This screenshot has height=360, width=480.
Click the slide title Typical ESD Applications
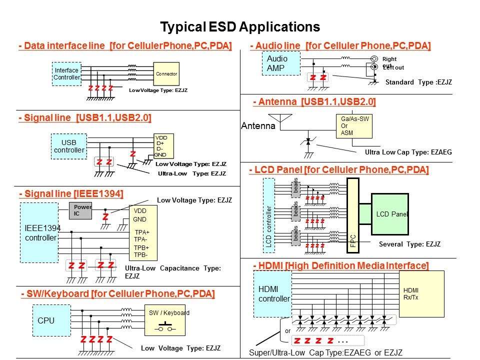[239, 26]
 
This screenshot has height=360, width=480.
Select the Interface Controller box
[66, 74]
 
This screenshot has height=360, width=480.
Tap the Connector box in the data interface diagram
[166, 74]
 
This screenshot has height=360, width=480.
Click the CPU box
[46, 320]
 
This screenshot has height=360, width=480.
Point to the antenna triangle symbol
[285, 118]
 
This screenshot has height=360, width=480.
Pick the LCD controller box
[268, 214]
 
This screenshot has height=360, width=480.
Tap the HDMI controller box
[273, 293]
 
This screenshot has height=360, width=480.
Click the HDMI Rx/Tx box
[421, 293]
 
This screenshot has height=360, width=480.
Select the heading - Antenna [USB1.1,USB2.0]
[314, 102]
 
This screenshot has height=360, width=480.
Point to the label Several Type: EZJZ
[409, 244]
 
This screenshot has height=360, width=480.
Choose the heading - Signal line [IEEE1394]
[71, 193]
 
